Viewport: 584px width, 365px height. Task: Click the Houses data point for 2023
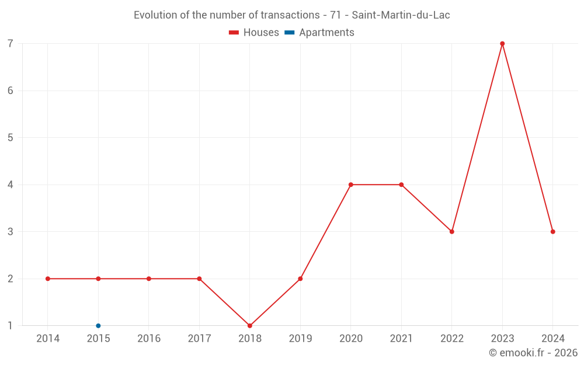502,44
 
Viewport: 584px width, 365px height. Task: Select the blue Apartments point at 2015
98,326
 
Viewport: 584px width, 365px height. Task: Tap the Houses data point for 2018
250,326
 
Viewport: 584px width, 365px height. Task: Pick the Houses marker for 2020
351,185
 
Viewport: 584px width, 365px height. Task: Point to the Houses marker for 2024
552,232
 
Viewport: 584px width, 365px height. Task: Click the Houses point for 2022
451,232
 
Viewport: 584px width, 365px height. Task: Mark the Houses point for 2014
48,279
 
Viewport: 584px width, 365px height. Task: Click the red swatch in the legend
234,33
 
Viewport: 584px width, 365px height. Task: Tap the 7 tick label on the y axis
11,44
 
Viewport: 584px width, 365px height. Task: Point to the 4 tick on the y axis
11,185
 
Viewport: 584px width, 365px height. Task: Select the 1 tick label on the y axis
11,326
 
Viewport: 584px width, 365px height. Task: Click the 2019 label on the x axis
300,339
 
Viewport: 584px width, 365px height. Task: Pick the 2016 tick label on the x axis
149,339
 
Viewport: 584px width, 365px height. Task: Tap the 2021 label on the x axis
401,339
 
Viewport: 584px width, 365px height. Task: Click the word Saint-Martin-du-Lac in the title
401,15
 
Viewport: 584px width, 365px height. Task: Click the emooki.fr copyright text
533,353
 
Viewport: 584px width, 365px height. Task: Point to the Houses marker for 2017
199,279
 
